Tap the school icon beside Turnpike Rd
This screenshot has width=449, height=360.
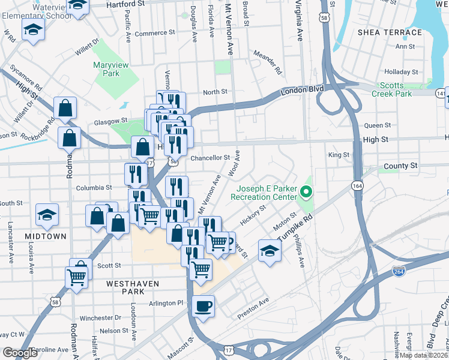[x=270, y=251]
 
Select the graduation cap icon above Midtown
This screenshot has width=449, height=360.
[x=47, y=215]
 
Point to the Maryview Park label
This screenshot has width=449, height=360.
[x=106, y=69]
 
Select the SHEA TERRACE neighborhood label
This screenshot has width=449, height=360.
[x=390, y=32]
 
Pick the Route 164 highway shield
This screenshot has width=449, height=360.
[x=357, y=186]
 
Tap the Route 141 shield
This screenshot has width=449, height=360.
[x=442, y=94]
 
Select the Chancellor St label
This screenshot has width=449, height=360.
[x=210, y=158]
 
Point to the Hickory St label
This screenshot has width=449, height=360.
[x=254, y=215]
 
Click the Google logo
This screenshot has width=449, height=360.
[x=20, y=353]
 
